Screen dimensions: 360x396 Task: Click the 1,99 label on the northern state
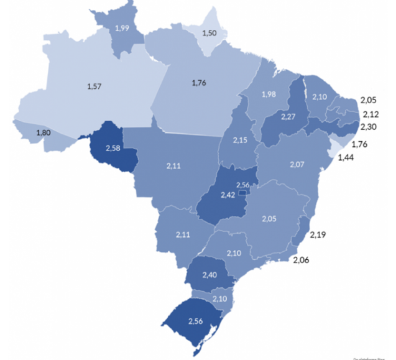click(x=122, y=28)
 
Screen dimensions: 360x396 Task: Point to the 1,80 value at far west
click(x=44, y=133)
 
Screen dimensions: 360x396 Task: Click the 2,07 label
click(x=298, y=164)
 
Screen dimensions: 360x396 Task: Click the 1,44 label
click(x=346, y=159)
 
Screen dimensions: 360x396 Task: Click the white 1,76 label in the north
click(x=198, y=83)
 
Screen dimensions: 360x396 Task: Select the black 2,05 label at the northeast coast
click(x=369, y=101)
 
